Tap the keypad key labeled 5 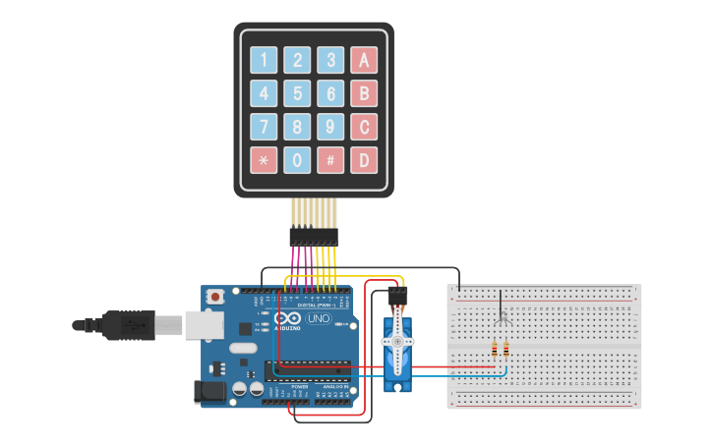[x=297, y=93]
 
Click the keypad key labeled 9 [x=330, y=127]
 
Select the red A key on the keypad [x=364, y=60]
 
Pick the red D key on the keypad [x=364, y=160]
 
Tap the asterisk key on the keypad [x=264, y=160]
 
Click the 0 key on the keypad [x=297, y=160]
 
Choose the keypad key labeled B [x=364, y=93]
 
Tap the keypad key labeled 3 [x=330, y=60]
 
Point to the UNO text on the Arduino [x=319, y=318]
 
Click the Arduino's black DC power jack [x=210, y=392]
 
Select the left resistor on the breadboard [x=494, y=351]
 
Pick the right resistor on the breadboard [x=505, y=351]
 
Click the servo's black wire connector [x=397, y=294]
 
